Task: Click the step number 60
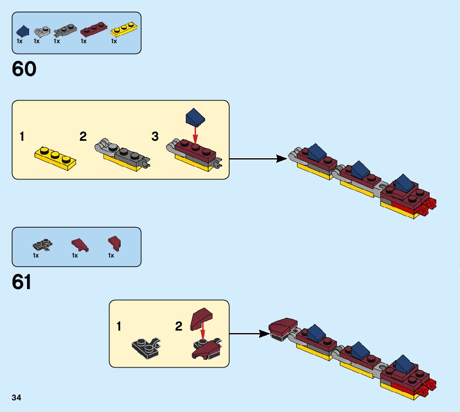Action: click(x=24, y=69)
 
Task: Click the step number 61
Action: click(x=22, y=283)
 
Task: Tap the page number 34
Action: click(x=17, y=398)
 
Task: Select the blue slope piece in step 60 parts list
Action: click(x=23, y=31)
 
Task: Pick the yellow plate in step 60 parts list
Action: click(x=124, y=29)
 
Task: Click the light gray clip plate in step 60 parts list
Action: click(x=42, y=31)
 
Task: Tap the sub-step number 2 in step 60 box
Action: click(x=83, y=136)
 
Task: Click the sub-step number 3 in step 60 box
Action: click(x=155, y=136)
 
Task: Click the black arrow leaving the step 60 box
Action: click(x=258, y=158)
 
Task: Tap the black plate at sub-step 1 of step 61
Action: click(x=146, y=345)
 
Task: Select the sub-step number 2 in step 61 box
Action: click(x=179, y=327)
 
